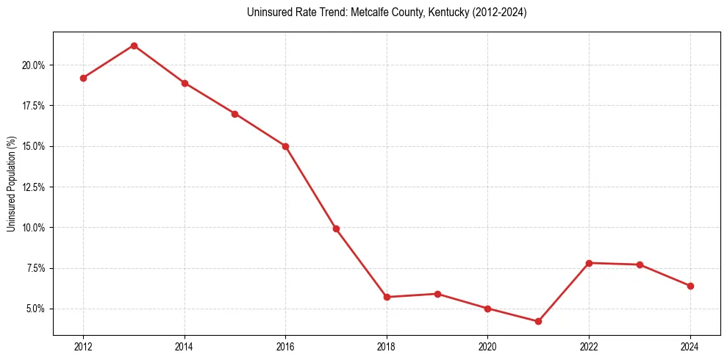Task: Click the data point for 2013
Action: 134,46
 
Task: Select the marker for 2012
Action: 83,78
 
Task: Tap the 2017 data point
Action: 336,228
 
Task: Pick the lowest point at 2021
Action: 538,321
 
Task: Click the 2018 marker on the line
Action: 387,297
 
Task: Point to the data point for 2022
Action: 589,263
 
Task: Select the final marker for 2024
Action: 690,286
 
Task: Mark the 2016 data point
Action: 285,146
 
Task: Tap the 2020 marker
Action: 487,309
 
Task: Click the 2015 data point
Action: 234,114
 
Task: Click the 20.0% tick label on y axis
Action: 33,65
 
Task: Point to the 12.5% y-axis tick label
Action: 33,187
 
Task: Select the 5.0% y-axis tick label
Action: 35,309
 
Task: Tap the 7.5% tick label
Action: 35,268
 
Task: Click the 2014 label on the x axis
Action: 185,346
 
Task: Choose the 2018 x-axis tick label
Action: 387,346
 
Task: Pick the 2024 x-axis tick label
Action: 690,346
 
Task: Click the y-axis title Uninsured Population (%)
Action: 11,184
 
